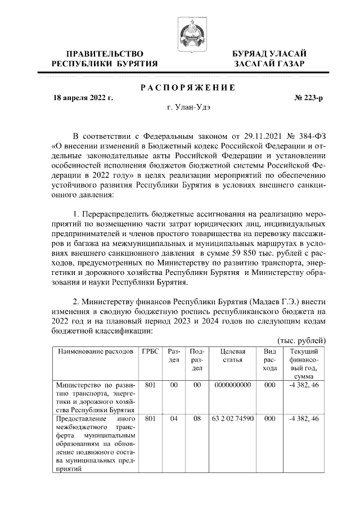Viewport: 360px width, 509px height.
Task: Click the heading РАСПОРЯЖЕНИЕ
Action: click(x=188, y=87)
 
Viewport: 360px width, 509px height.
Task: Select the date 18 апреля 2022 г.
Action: click(x=83, y=98)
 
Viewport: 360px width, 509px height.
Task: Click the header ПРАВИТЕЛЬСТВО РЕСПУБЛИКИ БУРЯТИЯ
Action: click(x=104, y=58)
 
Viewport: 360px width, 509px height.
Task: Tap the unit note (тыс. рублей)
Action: click(x=302, y=341)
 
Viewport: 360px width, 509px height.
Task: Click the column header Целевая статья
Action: click(x=232, y=355)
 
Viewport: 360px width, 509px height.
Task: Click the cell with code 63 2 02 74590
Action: click(x=232, y=419)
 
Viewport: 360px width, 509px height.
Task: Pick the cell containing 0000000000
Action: click(x=232, y=385)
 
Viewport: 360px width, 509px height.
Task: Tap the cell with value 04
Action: click(x=174, y=419)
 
